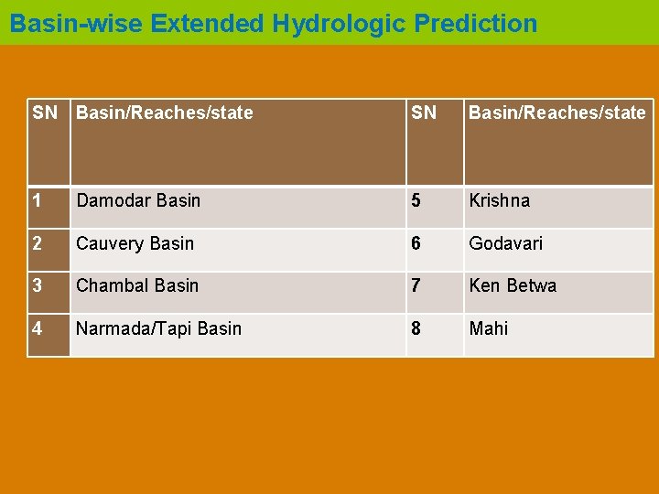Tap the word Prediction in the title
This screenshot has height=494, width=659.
476,24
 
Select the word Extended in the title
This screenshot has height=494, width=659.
208,24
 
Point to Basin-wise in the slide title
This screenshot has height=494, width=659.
77,24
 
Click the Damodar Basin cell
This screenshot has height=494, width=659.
138,200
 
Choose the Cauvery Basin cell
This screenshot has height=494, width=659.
135,243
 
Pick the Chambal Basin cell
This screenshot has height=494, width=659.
137,285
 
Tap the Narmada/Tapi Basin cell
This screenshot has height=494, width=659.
159,328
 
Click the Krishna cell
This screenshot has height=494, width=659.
500,200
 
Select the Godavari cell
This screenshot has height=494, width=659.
506,243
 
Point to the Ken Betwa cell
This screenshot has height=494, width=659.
513,285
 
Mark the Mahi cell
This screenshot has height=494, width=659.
489,328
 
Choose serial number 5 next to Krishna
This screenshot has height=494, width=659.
416,200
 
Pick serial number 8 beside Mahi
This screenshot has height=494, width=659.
416,328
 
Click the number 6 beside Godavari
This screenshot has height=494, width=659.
416,243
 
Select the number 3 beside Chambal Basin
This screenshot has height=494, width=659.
38,285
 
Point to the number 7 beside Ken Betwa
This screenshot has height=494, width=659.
416,285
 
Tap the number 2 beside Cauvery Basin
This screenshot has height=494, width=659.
38,243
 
